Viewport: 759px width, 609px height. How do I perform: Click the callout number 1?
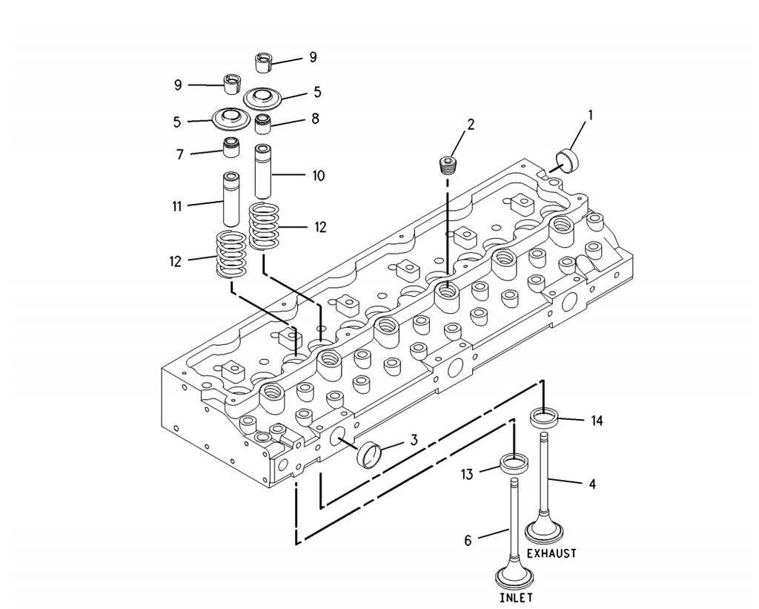point(590,115)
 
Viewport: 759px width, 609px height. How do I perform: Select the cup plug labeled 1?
point(568,160)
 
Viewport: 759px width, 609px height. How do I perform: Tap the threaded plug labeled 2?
point(448,165)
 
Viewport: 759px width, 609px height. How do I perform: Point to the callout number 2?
point(470,125)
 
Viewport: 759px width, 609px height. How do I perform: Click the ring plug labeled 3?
point(369,455)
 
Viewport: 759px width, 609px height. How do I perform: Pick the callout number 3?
point(414,440)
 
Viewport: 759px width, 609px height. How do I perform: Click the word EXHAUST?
point(551,553)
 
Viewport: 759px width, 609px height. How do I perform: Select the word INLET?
point(516,597)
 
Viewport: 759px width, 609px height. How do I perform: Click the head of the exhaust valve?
point(545,530)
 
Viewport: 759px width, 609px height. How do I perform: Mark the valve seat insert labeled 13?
point(514,464)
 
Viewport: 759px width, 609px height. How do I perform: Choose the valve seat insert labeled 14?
point(545,418)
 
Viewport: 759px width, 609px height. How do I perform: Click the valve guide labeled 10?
point(263,171)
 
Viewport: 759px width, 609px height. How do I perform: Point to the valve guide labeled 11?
point(231,199)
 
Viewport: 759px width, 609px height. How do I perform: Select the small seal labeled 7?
point(231,148)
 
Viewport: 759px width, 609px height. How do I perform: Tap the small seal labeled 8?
point(263,124)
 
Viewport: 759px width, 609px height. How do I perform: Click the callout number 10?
point(318,175)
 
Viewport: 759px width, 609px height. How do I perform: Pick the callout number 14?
point(597,421)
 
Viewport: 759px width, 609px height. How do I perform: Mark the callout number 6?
point(468,540)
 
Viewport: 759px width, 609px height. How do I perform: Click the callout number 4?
point(592,484)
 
